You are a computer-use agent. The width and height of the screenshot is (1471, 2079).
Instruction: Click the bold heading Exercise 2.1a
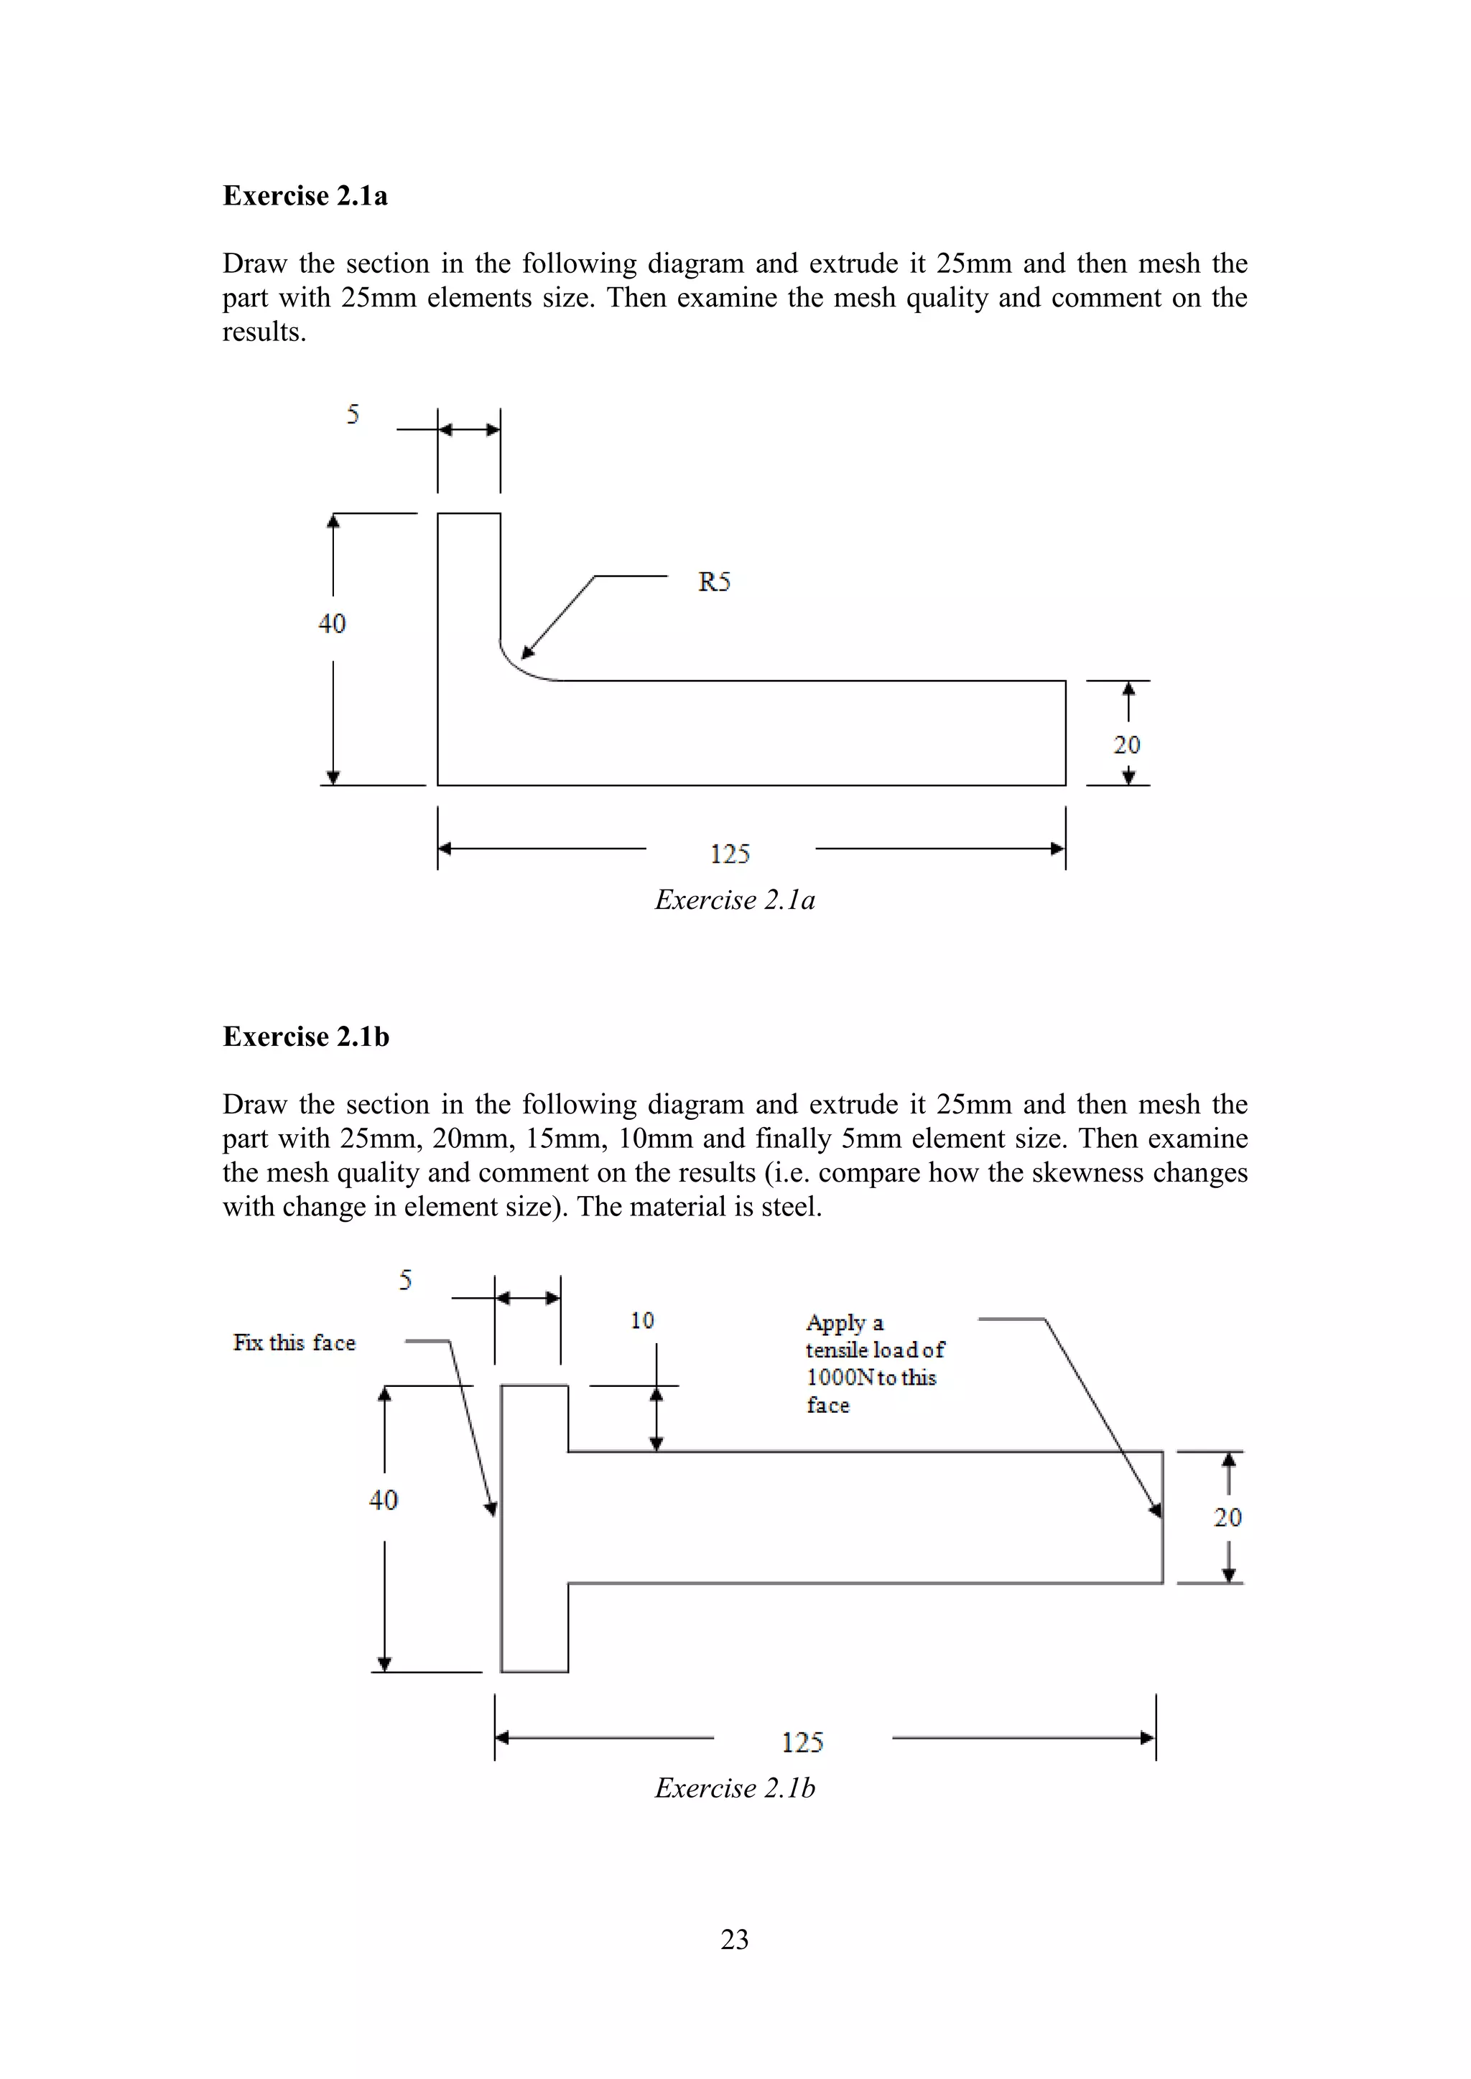305,195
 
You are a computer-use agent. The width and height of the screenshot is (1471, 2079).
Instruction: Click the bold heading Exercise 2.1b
306,1036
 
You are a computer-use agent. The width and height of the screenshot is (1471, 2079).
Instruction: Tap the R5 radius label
714,581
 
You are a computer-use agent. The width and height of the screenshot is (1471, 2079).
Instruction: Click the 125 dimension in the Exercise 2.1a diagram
730,853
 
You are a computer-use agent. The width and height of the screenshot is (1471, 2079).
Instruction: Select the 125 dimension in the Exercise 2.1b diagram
802,1742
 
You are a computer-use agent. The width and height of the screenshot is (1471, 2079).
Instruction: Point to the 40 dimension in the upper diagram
332,623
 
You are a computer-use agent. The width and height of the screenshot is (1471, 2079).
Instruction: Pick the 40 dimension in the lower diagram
383,1500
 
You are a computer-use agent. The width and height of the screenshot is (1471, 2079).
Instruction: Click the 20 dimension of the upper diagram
1127,744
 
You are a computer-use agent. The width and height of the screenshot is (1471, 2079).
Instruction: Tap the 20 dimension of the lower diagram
1228,1517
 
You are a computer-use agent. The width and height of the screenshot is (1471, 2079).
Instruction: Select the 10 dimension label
642,1320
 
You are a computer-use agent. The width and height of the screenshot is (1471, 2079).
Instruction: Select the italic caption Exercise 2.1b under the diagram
735,1788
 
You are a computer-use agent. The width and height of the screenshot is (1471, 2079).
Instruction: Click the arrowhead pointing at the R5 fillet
526,652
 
